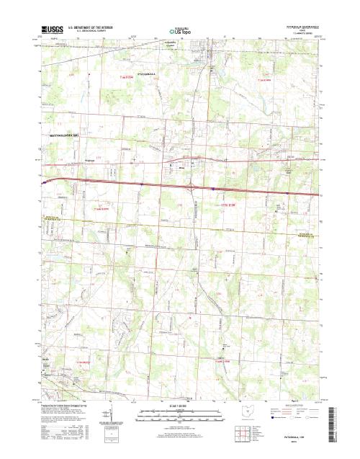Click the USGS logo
coord(53,31)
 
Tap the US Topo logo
coord(181,32)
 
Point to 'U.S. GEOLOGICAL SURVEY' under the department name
coord(87,32)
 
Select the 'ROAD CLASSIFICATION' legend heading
coord(297,408)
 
